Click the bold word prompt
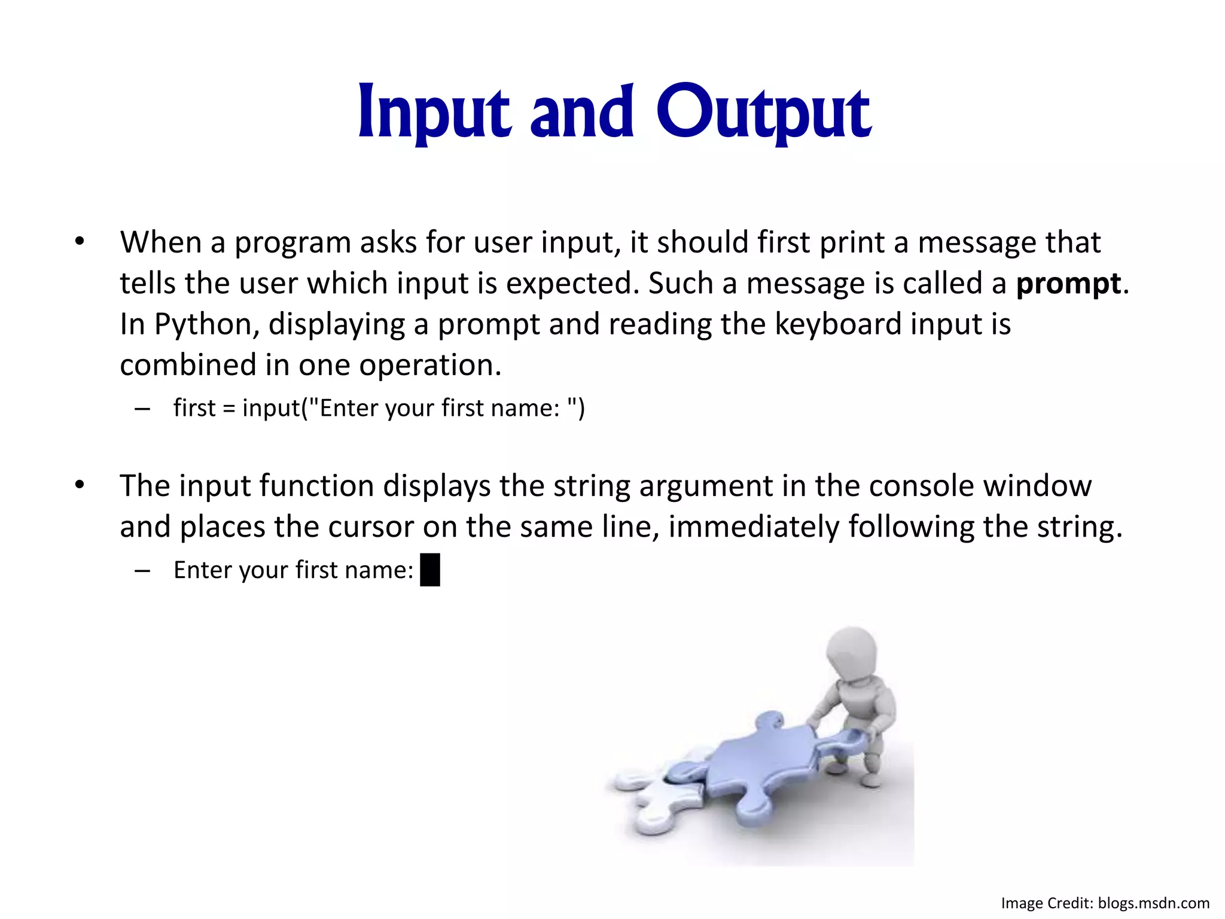coord(1068,284)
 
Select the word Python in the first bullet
coord(206,325)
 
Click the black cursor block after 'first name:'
coord(430,570)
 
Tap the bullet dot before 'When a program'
coord(80,242)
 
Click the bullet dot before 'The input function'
coord(80,485)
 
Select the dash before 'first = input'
coord(142,409)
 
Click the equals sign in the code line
coord(229,409)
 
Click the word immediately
coord(754,527)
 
